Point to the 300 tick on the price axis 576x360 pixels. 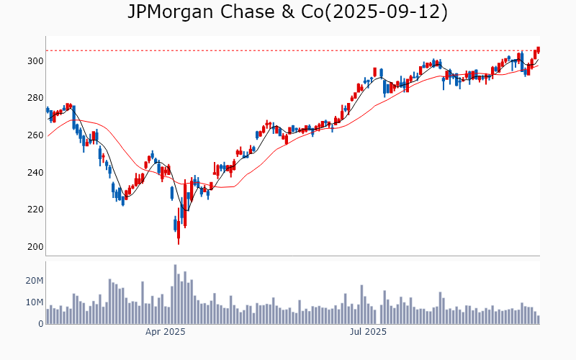35,61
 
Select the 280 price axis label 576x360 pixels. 35,98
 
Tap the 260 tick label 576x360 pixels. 35,135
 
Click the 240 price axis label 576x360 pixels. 35,173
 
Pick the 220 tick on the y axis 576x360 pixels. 35,210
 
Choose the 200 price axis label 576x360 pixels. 35,247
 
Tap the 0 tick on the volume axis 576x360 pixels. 41,324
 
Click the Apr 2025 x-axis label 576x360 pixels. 166,332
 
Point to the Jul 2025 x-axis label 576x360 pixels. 368,332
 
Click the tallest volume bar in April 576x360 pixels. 175,294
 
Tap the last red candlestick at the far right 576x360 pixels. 538,49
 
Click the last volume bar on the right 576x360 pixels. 538,320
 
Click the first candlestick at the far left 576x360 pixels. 48,110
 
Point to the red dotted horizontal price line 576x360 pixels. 288,50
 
